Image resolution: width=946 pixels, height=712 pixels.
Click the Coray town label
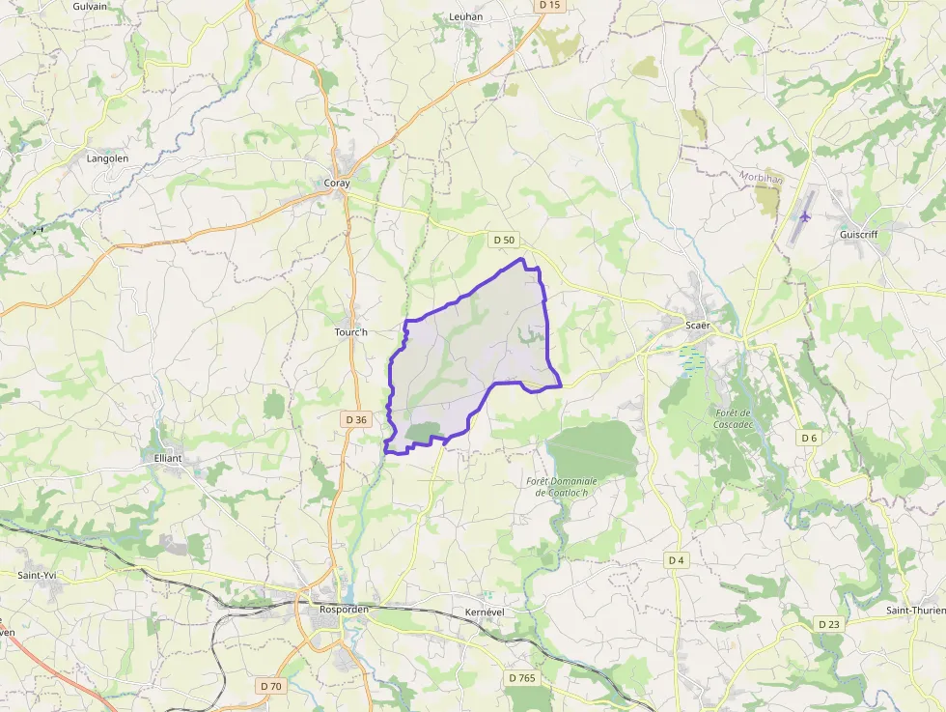(337, 183)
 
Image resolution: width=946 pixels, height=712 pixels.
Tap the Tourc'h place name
(351, 332)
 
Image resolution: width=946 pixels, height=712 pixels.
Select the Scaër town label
(697, 326)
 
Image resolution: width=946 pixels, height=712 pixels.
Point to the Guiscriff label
(858, 234)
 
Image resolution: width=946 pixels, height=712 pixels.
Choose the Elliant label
(168, 459)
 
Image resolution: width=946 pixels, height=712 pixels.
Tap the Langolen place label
(107, 157)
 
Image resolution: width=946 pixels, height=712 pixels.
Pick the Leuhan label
(465, 16)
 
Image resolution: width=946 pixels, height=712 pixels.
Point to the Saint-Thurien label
(915, 610)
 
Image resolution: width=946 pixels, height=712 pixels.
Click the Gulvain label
(90, 6)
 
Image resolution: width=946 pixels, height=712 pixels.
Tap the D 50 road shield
(504, 240)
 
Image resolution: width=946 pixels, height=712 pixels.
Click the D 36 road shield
(355, 419)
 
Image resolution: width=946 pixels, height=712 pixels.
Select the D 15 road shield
(549, 5)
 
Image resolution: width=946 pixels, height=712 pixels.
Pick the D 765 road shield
(521, 678)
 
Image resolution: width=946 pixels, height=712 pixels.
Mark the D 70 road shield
(271, 686)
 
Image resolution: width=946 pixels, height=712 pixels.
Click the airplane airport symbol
(805, 215)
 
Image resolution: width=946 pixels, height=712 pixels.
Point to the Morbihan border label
(761, 178)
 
